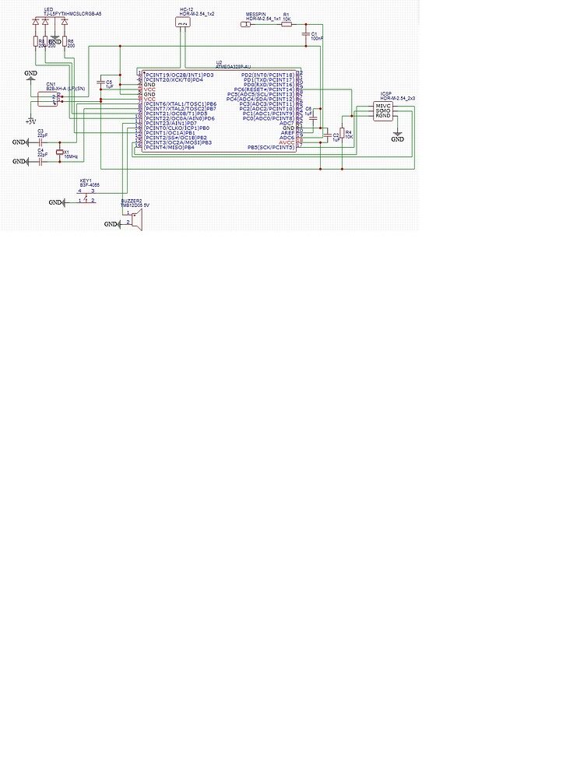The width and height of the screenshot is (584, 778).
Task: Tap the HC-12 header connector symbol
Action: pyautogui.click(x=182, y=23)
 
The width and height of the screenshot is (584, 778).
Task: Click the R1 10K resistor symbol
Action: pyautogui.click(x=287, y=24)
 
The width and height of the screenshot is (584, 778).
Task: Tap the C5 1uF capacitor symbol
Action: pyautogui.click(x=100, y=82)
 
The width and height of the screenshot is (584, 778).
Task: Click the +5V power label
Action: pyautogui.click(x=30, y=121)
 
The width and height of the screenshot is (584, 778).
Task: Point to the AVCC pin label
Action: pyautogui.click(x=287, y=142)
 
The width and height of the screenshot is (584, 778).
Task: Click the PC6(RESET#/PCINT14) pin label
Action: pyautogui.click(x=264, y=89)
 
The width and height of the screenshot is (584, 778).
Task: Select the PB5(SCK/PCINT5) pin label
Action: pyautogui.click(x=271, y=147)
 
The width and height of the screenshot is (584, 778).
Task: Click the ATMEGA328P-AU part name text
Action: pyautogui.click(x=233, y=67)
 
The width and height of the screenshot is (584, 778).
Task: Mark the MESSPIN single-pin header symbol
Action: pyautogui.click(x=247, y=24)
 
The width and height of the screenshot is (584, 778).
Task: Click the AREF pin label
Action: pyautogui.click(x=287, y=133)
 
